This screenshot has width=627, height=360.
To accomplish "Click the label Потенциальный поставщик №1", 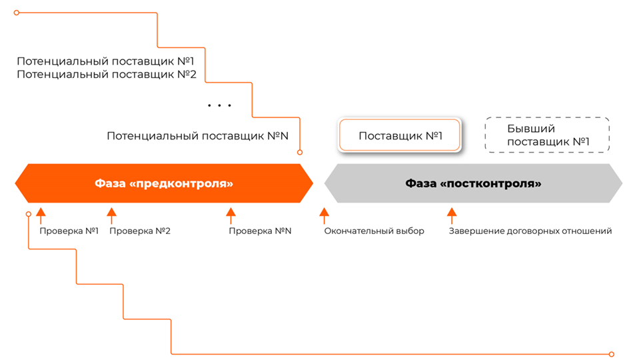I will tap(105, 61).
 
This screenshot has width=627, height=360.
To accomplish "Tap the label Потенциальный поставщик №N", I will tap(197, 136).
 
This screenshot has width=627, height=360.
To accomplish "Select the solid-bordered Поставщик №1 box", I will tap(400, 136).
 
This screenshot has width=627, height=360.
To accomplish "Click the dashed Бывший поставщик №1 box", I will tap(548, 135).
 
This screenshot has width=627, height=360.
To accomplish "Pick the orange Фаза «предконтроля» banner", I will tap(164, 183).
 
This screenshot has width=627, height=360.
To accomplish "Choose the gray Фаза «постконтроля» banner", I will tap(473, 183).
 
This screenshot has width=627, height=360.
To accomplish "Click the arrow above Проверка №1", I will tap(41, 215).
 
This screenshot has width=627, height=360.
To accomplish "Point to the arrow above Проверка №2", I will tap(111, 215).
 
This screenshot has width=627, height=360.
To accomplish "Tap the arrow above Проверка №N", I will tap(231, 215).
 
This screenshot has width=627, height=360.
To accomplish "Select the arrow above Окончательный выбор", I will tap(324, 215).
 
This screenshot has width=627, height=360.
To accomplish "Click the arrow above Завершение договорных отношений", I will tap(452, 215).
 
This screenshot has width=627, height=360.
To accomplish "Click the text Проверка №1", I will tap(69, 231).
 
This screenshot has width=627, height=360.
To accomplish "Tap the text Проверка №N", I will tap(260, 231).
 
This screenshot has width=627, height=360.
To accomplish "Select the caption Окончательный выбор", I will tap(374, 231).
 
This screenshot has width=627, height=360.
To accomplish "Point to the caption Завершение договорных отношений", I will tap(530, 231).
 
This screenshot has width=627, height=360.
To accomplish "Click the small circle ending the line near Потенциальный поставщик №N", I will tap(300, 153).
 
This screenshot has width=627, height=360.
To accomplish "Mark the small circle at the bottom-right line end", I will tap(611, 354).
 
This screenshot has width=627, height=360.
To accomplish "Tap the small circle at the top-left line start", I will tap(17, 13).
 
